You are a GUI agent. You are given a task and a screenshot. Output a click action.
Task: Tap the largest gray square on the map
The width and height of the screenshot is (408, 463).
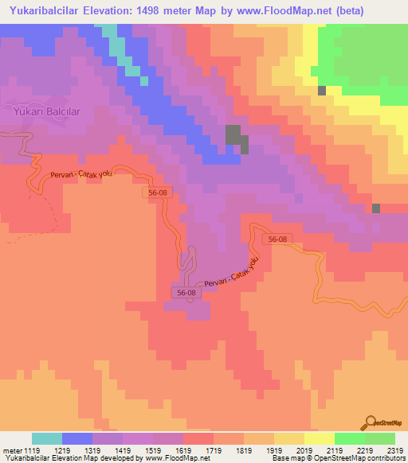pyautogui.click(x=235, y=136)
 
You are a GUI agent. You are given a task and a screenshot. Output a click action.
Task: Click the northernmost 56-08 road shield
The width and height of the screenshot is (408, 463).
pyautogui.click(x=158, y=193)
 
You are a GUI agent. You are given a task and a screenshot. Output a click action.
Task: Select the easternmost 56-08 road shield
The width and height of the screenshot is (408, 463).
pyautogui.click(x=277, y=239)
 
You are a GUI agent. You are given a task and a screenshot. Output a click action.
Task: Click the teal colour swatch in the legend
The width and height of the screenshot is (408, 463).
pyautogui.click(x=47, y=438)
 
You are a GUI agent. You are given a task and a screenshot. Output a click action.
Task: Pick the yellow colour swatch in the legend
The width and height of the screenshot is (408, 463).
pyautogui.click(x=320, y=438)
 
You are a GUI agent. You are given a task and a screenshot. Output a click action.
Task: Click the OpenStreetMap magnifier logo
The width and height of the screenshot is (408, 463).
pyautogui.click(x=371, y=422)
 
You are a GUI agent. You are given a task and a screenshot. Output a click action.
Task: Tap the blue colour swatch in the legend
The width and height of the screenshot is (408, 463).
pyautogui.click(x=77, y=438)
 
